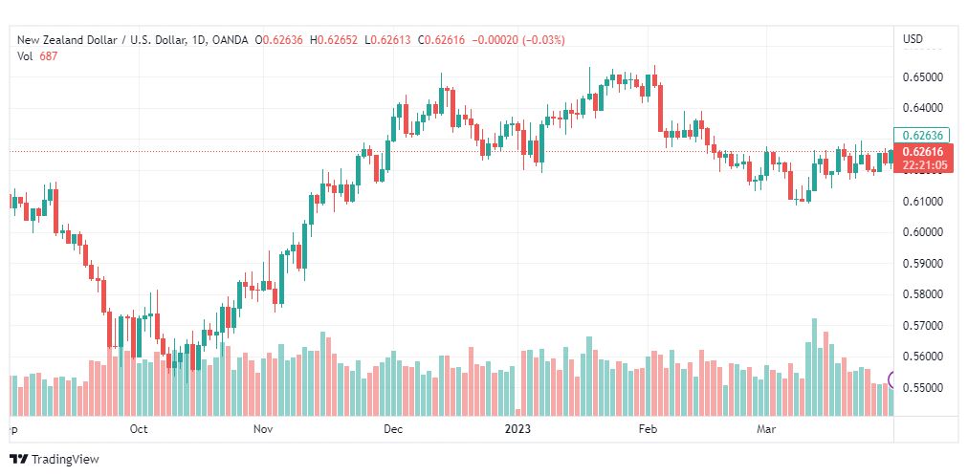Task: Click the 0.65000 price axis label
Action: (924, 76)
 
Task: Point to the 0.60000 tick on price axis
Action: (924, 232)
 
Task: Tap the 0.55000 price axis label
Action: (924, 388)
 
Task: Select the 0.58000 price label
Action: (924, 294)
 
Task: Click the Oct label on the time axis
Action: (139, 430)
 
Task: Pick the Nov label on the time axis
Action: (265, 430)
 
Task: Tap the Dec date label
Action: (393, 430)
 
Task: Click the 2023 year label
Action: (517, 430)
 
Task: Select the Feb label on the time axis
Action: (648, 430)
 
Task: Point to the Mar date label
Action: (765, 430)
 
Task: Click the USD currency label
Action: (913, 39)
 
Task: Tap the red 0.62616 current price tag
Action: (923, 152)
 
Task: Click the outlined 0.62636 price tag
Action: (923, 136)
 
